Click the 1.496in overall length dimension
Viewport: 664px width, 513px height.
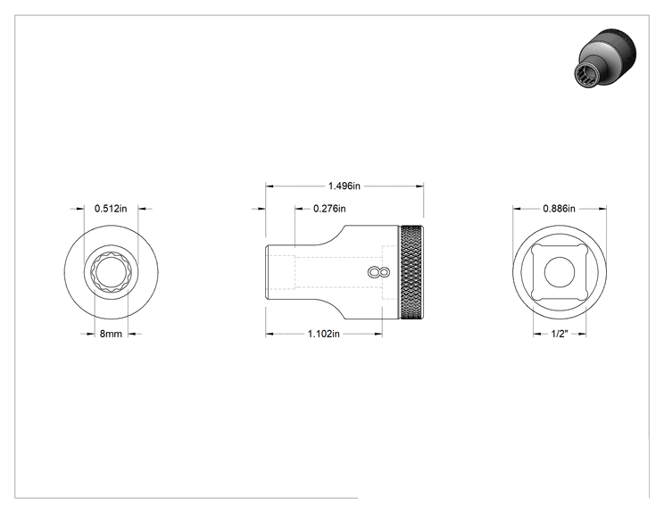[344, 186]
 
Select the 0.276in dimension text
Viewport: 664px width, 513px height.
[329, 209]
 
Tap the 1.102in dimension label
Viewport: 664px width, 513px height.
[324, 334]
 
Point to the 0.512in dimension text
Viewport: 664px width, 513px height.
[111, 209]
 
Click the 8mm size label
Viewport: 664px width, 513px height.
[111, 334]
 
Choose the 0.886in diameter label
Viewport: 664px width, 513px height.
[559, 209]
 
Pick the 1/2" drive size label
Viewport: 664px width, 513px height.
[560, 334]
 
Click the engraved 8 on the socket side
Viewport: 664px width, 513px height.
[378, 273]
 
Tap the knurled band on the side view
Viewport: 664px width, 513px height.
[411, 273]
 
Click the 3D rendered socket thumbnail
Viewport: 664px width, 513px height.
[606, 58]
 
